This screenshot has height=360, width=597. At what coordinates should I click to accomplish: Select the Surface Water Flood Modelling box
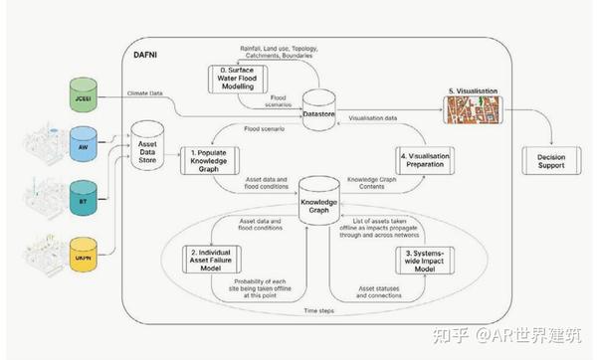tap(237, 80)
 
